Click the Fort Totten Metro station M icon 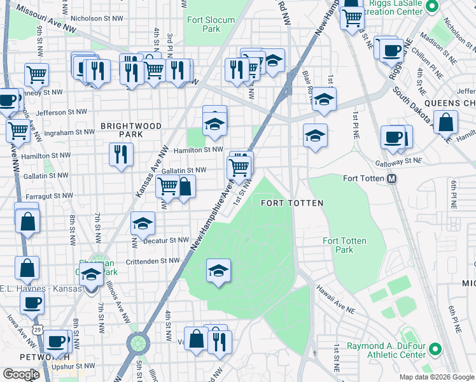tap(393, 179)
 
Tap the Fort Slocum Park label tap(204, 24)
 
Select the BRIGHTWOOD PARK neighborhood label tap(130, 131)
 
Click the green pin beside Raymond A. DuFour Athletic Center tap(435, 349)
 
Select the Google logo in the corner tap(21, 374)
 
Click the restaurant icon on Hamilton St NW tap(120, 153)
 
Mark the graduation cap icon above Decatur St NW tap(143, 222)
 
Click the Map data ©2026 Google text tap(436, 376)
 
